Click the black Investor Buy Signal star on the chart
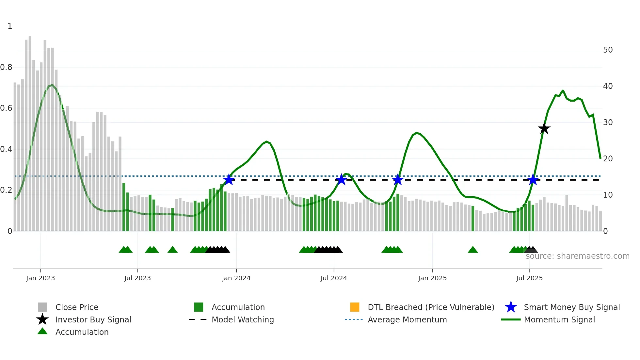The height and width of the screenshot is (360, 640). click(544, 129)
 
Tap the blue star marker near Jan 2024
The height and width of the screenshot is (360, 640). click(229, 179)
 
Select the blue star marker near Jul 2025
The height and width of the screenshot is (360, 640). click(533, 179)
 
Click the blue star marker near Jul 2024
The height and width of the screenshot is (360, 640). click(341, 179)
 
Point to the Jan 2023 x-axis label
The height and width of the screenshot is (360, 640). click(40, 278)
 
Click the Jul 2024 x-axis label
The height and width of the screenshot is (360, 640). click(334, 278)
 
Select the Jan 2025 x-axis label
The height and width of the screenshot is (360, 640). click(432, 278)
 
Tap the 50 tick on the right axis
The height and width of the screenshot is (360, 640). click(608, 50)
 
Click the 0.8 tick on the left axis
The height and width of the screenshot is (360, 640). click(6, 67)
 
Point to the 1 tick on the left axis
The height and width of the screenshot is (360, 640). click(10, 26)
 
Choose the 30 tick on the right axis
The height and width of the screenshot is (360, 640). click(608, 123)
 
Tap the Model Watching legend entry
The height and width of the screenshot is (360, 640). click(243, 320)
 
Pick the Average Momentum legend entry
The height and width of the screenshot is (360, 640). click(407, 320)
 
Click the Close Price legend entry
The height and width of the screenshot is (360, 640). click(77, 307)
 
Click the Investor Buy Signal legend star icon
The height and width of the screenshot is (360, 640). click(42, 319)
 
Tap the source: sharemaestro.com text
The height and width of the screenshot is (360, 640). click(577, 256)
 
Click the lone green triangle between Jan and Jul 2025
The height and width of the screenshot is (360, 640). click(472, 250)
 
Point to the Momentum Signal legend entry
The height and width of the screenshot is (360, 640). click(559, 320)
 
